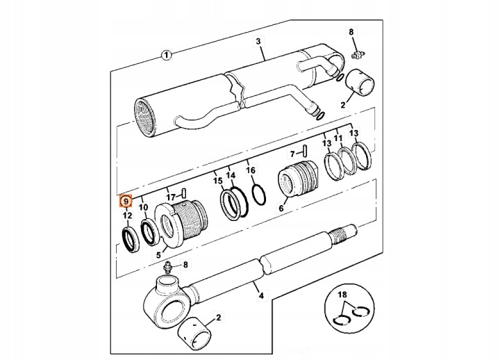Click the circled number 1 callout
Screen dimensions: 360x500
click(165, 54)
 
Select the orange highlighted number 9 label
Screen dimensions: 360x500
click(126, 202)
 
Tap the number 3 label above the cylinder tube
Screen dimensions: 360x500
click(258, 42)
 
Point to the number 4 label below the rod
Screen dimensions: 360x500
click(261, 297)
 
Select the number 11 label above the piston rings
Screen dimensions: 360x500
click(338, 138)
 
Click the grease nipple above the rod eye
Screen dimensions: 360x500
click(167, 268)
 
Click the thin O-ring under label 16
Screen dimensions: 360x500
click(259, 195)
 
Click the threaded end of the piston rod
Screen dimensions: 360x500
click(344, 234)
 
